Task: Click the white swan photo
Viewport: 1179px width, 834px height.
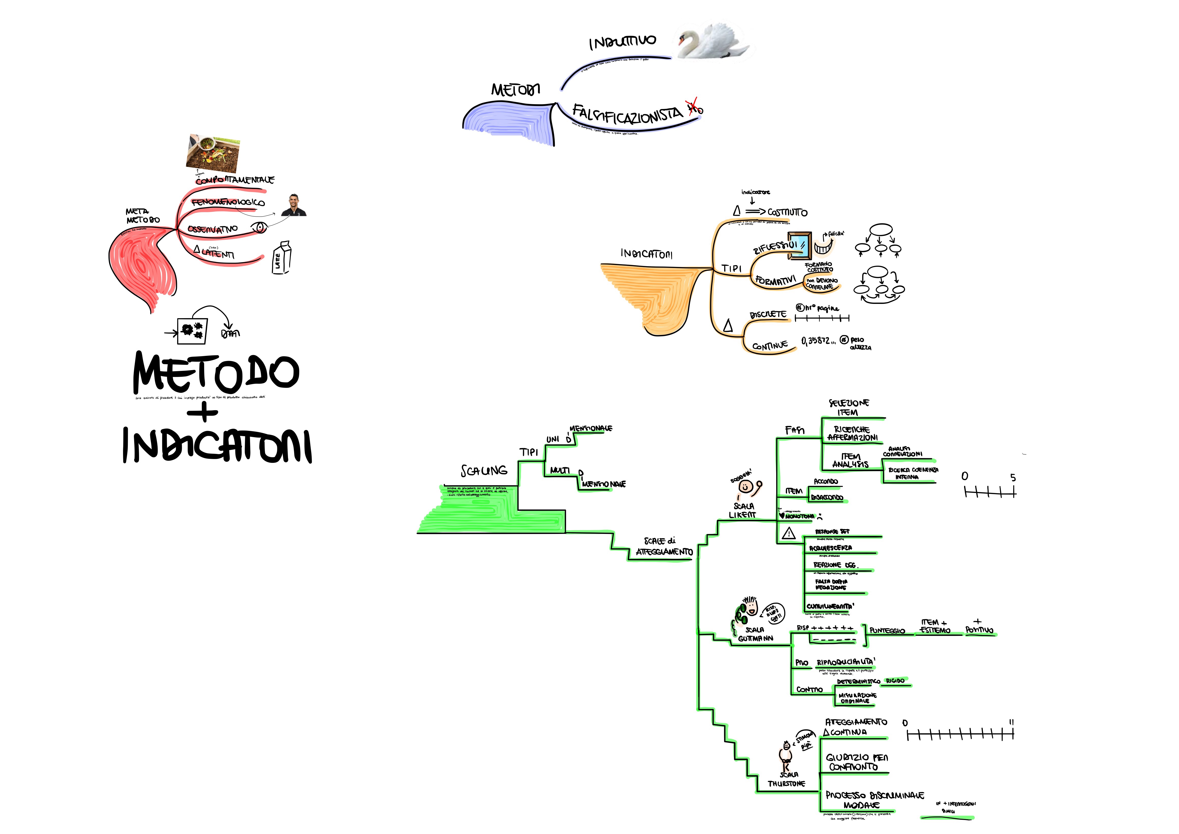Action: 714,41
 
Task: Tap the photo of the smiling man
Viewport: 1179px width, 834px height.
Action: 294,205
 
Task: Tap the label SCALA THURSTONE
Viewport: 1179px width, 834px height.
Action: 787,779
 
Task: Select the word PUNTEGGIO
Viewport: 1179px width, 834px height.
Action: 887,631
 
